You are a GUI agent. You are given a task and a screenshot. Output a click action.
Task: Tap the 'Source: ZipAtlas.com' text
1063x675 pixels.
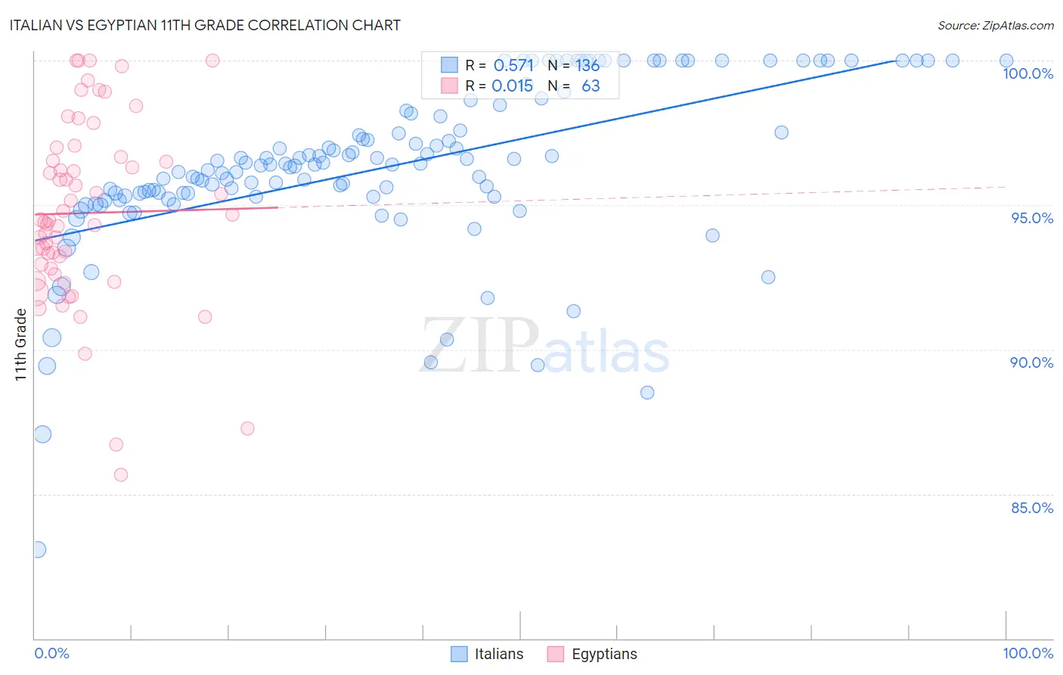(x=995, y=26)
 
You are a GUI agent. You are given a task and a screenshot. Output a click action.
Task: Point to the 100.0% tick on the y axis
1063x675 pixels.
(x=1027, y=73)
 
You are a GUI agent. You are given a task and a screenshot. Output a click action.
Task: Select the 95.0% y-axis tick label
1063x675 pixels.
(x=1032, y=218)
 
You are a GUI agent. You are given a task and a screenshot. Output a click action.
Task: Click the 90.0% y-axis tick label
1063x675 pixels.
(x=1031, y=362)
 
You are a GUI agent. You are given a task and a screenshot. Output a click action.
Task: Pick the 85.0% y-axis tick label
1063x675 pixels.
(x=1031, y=508)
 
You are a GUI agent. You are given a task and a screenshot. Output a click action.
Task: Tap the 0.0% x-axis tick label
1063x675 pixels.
(x=51, y=653)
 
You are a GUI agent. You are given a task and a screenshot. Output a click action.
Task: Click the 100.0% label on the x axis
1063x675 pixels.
(x=1027, y=653)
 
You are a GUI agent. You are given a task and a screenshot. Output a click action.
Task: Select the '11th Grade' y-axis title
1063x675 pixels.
(x=21, y=344)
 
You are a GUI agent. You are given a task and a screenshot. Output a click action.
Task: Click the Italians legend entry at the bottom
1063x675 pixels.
(x=488, y=654)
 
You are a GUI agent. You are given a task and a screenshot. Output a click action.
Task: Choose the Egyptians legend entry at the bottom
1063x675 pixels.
(x=593, y=654)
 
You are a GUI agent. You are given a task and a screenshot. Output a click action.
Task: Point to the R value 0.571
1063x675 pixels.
(x=513, y=65)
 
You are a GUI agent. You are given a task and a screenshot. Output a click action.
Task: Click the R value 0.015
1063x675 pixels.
(x=512, y=86)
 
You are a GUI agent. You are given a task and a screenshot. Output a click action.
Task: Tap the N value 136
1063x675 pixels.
(x=587, y=65)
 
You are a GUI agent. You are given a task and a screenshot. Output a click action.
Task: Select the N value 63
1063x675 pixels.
(x=590, y=86)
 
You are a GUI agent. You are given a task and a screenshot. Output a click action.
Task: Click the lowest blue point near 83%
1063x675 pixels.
(x=37, y=549)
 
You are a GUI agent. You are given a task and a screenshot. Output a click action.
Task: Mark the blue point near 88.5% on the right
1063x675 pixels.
(x=647, y=393)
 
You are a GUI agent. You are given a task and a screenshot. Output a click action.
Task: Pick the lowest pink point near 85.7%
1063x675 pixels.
(x=121, y=475)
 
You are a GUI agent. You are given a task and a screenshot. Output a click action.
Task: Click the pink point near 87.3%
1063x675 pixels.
(x=247, y=428)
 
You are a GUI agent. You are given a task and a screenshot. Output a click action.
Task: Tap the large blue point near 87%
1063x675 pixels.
(x=42, y=434)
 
